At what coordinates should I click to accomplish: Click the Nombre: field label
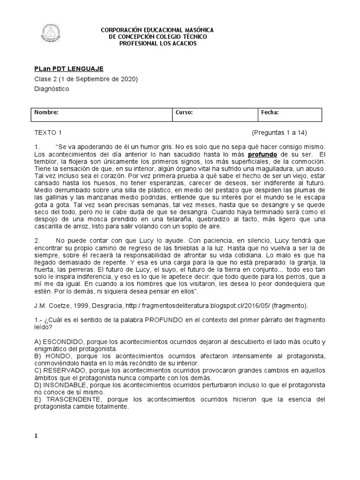point(46,112)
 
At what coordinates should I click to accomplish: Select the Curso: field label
point(184,112)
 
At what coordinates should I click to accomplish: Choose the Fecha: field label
point(270,112)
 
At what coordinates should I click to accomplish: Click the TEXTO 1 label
point(48,133)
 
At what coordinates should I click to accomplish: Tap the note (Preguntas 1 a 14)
point(279,133)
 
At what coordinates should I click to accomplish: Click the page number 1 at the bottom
point(36,436)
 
